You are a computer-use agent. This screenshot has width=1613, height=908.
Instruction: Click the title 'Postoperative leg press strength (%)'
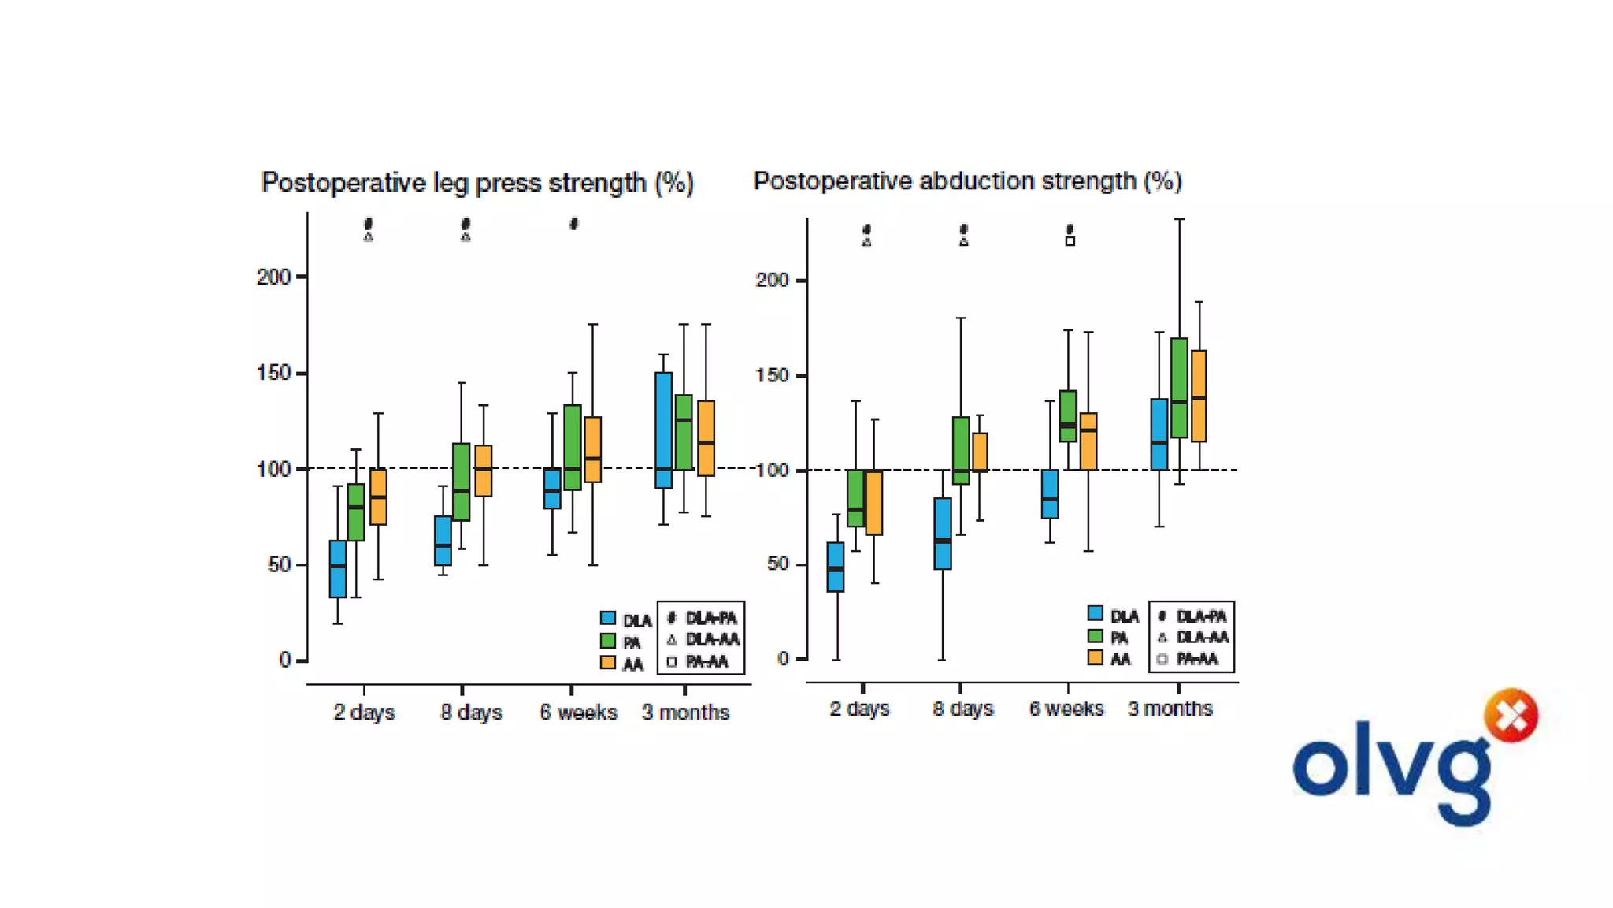click(x=477, y=183)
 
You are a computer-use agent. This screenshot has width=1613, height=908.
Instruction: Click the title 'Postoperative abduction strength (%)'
click(x=967, y=181)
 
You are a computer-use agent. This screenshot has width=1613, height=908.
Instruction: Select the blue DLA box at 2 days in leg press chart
click(x=338, y=569)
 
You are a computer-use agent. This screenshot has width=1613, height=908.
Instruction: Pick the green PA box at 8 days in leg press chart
click(x=461, y=482)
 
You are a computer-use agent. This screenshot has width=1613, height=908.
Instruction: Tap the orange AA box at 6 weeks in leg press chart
click(x=593, y=449)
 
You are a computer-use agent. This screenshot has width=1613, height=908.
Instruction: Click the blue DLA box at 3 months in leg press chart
click(x=663, y=430)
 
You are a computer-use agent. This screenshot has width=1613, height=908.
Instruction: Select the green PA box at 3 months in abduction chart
click(x=1179, y=388)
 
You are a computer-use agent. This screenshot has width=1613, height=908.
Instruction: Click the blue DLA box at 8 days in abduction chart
click(x=942, y=534)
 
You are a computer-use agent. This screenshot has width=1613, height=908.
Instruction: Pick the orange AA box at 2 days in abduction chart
click(x=874, y=503)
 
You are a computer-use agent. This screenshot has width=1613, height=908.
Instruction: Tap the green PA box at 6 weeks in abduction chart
click(x=1068, y=415)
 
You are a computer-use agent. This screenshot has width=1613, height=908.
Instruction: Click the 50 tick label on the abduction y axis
click(x=777, y=564)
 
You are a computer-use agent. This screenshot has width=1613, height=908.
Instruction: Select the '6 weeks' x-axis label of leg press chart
click(x=578, y=713)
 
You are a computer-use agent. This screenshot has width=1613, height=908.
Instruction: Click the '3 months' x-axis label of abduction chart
click(x=1170, y=709)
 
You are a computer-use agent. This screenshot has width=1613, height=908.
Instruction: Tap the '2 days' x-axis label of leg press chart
click(x=364, y=713)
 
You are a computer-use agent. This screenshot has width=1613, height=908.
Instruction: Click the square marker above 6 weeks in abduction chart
click(x=1070, y=241)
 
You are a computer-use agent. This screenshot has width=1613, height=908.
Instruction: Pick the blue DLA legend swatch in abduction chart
click(x=1095, y=613)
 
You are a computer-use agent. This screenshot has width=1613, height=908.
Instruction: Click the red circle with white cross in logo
click(x=1511, y=716)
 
